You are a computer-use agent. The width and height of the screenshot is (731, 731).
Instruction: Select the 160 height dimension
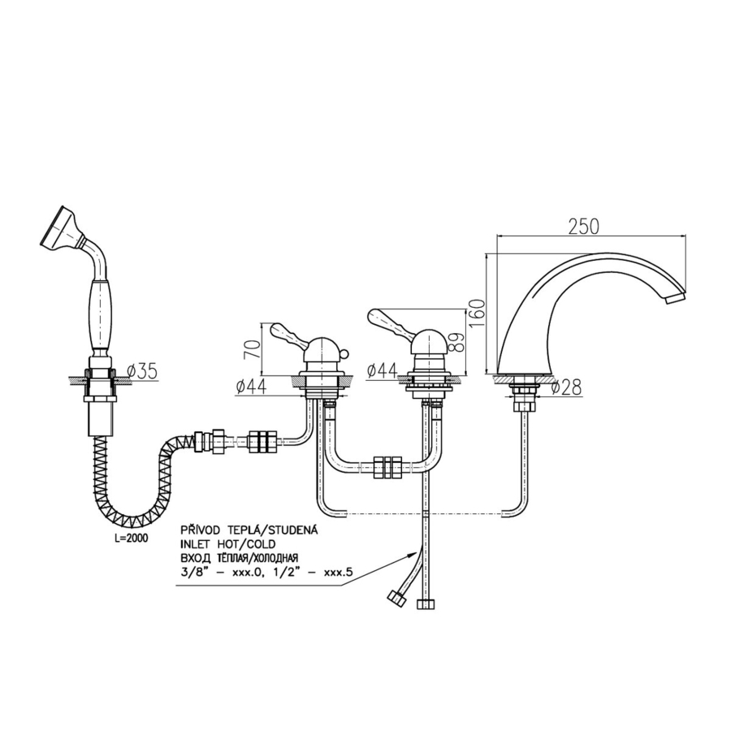click(478, 314)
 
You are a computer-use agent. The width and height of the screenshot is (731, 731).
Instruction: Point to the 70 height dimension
click(253, 348)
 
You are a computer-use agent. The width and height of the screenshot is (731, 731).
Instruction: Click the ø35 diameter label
click(142, 371)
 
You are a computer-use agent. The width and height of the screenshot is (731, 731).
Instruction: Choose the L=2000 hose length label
click(131, 539)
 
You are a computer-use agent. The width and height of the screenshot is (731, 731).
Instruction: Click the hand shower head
click(58, 227)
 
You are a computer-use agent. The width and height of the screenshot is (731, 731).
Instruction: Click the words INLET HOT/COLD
click(228, 544)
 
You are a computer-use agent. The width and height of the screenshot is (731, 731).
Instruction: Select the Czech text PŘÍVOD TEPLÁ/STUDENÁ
click(249, 530)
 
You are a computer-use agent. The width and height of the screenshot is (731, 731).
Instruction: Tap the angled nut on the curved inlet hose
click(396, 599)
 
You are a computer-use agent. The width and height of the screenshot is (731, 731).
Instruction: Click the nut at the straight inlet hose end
click(425, 604)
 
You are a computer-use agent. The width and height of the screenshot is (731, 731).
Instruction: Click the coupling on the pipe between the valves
click(387, 467)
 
